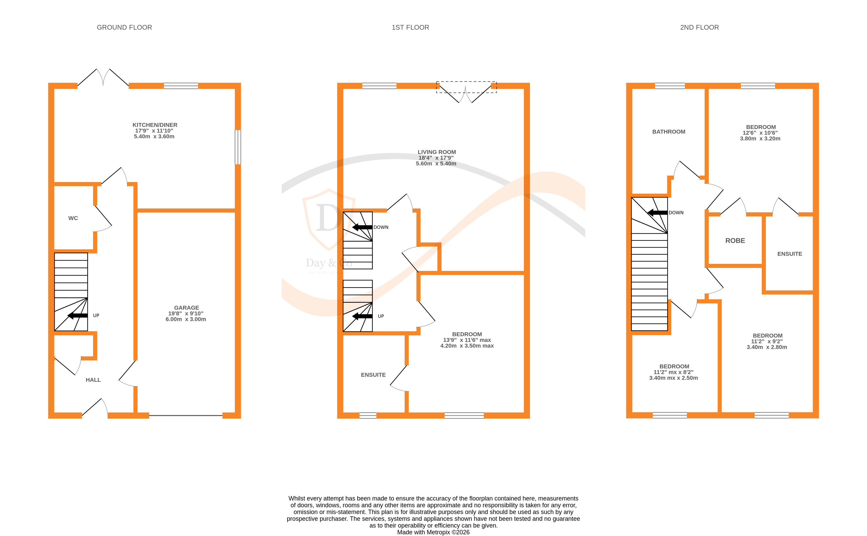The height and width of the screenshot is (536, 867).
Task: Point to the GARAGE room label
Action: coord(186,308)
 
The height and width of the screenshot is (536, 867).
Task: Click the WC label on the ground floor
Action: coord(73,218)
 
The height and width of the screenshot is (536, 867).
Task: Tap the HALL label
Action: coord(93,380)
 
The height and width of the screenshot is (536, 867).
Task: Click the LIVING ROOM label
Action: coord(437,152)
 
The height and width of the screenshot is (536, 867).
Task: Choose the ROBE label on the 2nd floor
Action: coord(735,241)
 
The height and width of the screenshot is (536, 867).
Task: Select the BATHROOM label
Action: coord(668,132)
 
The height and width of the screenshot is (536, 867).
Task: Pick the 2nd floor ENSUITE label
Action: coord(789,254)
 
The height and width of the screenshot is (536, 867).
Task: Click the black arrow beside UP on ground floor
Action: coord(78,315)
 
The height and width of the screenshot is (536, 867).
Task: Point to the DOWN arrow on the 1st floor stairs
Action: coord(362,227)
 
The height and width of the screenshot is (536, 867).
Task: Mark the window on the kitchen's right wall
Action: coord(238,147)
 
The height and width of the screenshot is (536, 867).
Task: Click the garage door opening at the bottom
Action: coord(185,415)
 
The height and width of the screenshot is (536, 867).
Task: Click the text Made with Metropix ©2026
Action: coord(433,532)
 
